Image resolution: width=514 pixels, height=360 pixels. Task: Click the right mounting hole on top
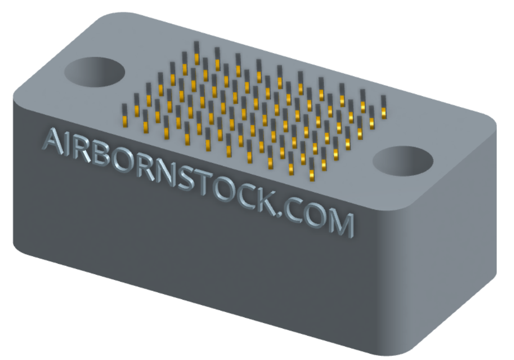402,161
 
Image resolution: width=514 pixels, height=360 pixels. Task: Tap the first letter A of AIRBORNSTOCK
55,140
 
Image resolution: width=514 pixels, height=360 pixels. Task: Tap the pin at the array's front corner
312,174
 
